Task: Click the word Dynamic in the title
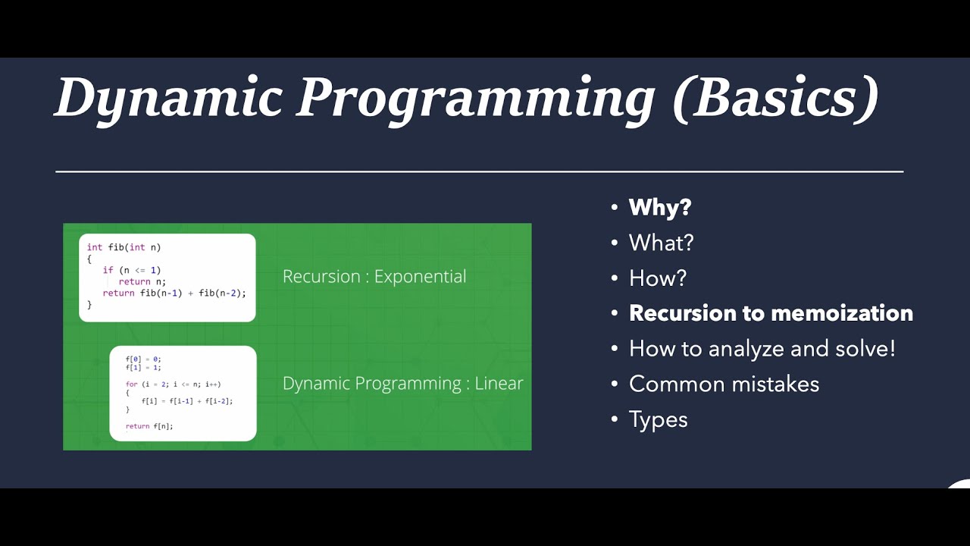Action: tap(168, 99)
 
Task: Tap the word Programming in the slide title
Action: tap(475, 99)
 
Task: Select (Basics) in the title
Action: tap(774, 99)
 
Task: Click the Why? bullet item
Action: tap(660, 208)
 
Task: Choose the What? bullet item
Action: tap(661, 243)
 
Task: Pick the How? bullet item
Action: tap(657, 278)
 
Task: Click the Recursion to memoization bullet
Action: tap(771, 313)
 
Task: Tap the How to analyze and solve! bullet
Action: tap(762, 349)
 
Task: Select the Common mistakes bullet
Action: tap(724, 384)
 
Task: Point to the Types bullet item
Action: tap(658, 419)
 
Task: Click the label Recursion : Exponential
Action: tap(374, 277)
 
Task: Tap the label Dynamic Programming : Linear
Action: tap(402, 384)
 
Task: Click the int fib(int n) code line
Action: tap(124, 247)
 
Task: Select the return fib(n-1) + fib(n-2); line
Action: tap(174, 293)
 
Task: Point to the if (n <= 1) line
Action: tap(132, 270)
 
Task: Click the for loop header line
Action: tap(173, 384)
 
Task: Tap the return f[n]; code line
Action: tap(149, 426)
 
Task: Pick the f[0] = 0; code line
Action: tap(143, 359)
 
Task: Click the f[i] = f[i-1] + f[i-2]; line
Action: tap(186, 401)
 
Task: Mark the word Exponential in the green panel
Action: tap(420, 277)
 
